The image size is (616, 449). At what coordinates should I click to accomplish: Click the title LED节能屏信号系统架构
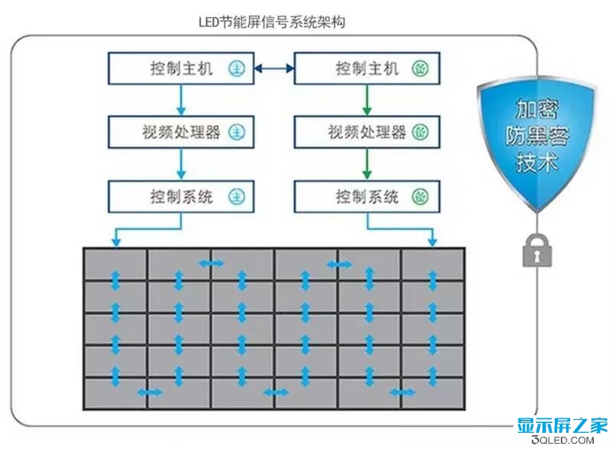coord(272,22)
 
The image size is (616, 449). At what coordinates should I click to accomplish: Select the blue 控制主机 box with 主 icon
coord(181,69)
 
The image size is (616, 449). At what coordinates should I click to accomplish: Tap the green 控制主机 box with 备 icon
coord(368,69)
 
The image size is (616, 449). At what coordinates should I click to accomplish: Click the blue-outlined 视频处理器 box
coord(181,132)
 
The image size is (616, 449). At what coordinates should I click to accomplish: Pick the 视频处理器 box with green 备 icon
coord(368,132)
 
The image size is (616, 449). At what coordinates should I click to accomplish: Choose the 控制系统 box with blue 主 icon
coord(181,196)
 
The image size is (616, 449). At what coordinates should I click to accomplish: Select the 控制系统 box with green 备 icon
coord(368,196)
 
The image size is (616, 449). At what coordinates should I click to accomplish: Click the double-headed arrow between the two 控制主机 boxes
coord(274,69)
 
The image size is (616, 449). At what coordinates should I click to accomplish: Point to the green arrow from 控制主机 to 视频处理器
coord(368,100)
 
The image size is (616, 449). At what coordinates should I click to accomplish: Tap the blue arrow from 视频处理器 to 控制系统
coord(181,163)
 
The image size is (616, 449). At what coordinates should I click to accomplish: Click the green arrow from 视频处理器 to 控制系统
coord(368,163)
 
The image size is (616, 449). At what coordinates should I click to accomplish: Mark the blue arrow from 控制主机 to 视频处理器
coord(181,100)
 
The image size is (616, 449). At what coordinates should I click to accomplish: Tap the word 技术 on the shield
coord(538,163)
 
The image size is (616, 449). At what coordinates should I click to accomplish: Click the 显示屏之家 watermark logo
coord(562,424)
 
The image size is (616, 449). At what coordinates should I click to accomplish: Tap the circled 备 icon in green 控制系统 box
coord(421,196)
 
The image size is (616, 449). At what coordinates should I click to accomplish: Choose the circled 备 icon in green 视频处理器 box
coord(421,132)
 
